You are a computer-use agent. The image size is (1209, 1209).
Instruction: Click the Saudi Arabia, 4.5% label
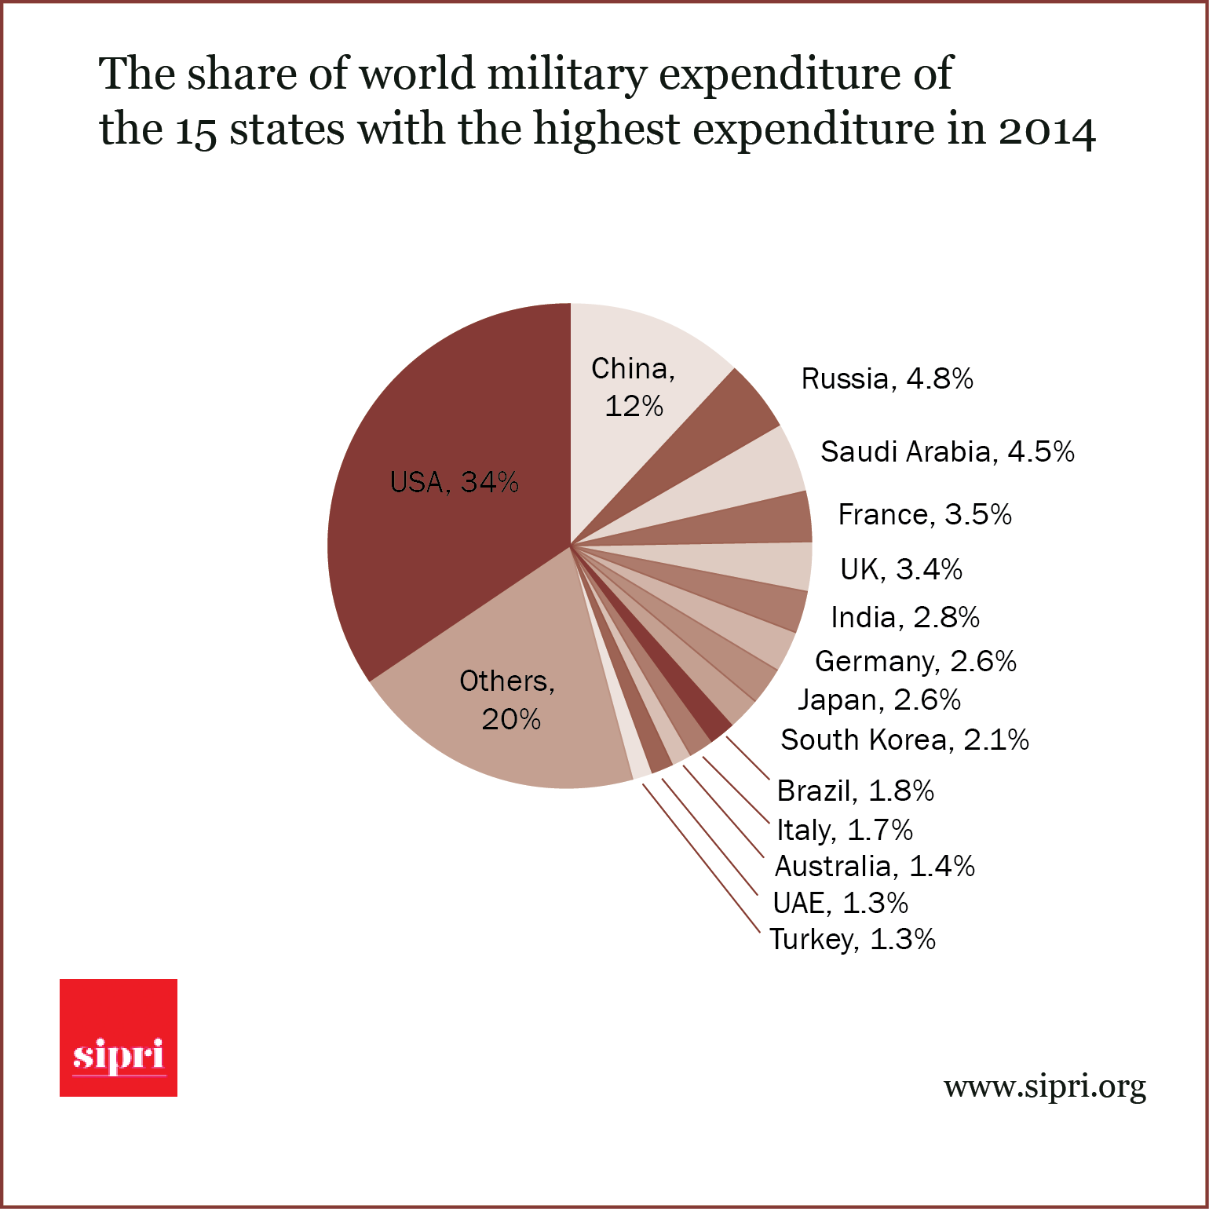947,452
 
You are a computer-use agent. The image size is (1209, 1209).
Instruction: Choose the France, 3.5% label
925,515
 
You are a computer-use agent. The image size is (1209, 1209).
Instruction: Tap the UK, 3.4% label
901,570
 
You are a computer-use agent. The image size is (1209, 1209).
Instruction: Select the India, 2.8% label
905,618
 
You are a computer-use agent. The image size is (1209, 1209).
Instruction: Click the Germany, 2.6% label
915,662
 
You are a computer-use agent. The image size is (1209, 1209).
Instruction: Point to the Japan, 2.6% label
879,700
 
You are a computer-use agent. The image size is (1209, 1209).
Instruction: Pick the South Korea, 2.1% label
904,740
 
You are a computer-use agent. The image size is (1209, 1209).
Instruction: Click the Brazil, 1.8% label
855,791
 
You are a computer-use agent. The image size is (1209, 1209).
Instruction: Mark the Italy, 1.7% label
845,830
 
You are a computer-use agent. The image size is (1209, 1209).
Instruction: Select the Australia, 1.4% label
875,867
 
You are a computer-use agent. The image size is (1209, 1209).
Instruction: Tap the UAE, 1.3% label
840,904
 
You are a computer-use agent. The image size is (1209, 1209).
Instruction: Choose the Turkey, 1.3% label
853,940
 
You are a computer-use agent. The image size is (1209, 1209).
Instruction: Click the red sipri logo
119,1038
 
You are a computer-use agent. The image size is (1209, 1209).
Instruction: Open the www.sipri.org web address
1044,1088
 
